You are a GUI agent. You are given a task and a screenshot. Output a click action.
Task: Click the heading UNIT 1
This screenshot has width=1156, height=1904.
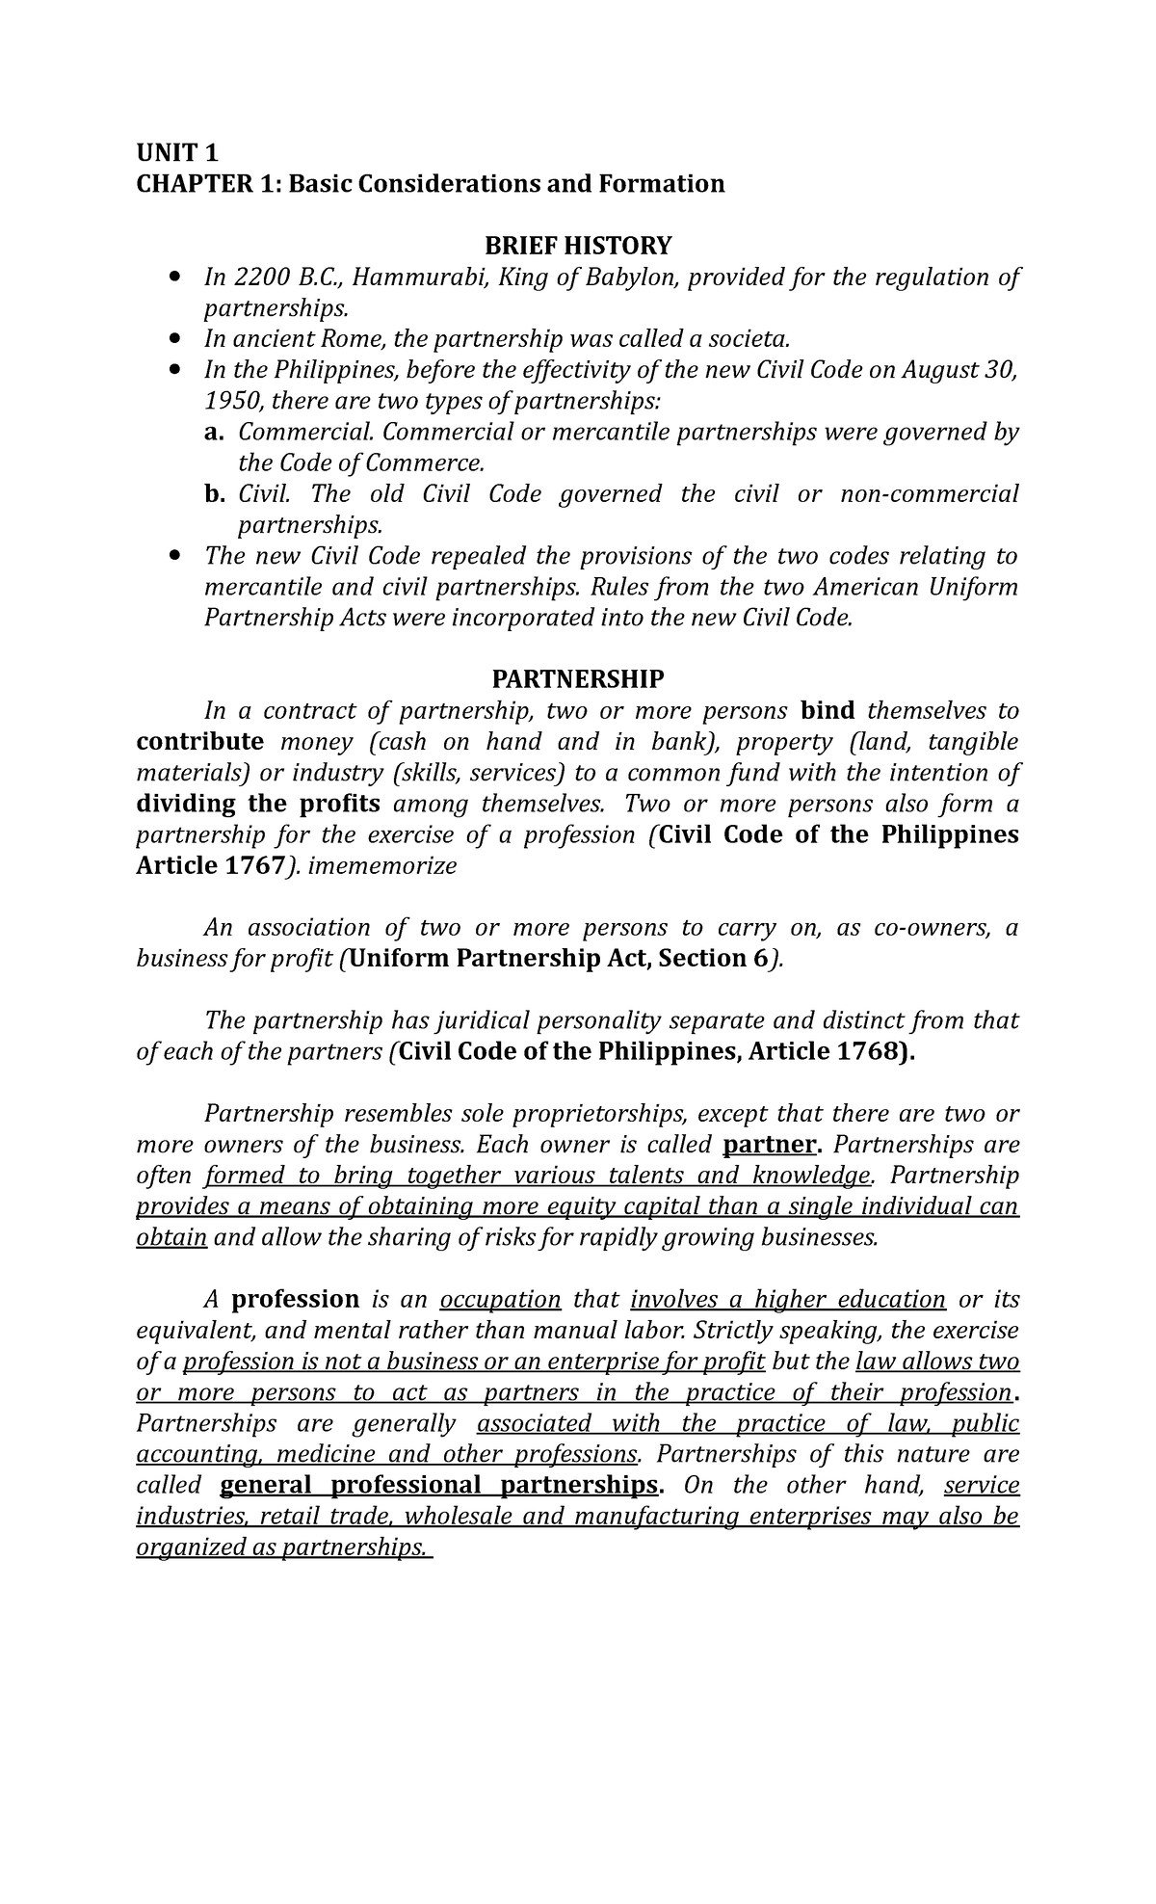point(177,152)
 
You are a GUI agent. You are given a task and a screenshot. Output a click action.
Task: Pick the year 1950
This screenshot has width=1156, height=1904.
point(229,402)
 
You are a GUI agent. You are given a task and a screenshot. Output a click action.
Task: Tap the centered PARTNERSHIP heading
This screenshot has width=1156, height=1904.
point(577,680)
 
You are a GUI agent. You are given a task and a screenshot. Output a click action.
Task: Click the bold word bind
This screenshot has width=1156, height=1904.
point(828,711)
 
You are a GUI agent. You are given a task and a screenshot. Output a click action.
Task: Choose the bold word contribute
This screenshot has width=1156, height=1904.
point(199,742)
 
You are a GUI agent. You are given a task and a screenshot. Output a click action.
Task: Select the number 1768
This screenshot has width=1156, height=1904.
point(867,1051)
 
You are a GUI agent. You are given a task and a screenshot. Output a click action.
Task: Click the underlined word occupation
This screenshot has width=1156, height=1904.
point(500,1300)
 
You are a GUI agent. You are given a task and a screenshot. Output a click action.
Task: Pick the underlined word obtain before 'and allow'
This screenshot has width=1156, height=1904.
point(171,1238)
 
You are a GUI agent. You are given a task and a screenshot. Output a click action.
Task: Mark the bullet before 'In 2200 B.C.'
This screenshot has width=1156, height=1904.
point(173,278)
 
